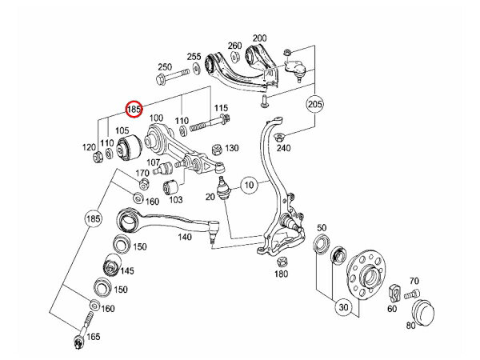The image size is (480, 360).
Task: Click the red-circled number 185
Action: (x=134, y=107)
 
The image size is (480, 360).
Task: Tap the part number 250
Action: (x=165, y=66)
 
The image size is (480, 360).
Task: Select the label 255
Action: (x=194, y=57)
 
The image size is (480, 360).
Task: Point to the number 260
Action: (x=234, y=46)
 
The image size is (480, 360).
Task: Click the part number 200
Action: (x=259, y=38)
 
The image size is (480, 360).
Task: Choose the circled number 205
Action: (x=314, y=104)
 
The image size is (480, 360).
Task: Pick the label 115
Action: (x=222, y=108)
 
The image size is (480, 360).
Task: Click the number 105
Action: (x=122, y=130)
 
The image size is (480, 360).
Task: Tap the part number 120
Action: (x=90, y=149)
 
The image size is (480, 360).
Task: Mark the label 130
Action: (x=233, y=148)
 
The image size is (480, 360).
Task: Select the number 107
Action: (x=153, y=162)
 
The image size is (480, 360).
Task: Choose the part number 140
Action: (x=184, y=238)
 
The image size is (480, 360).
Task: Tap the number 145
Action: (x=127, y=271)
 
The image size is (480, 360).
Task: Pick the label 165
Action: (x=94, y=337)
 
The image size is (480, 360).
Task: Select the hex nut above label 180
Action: (x=282, y=261)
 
